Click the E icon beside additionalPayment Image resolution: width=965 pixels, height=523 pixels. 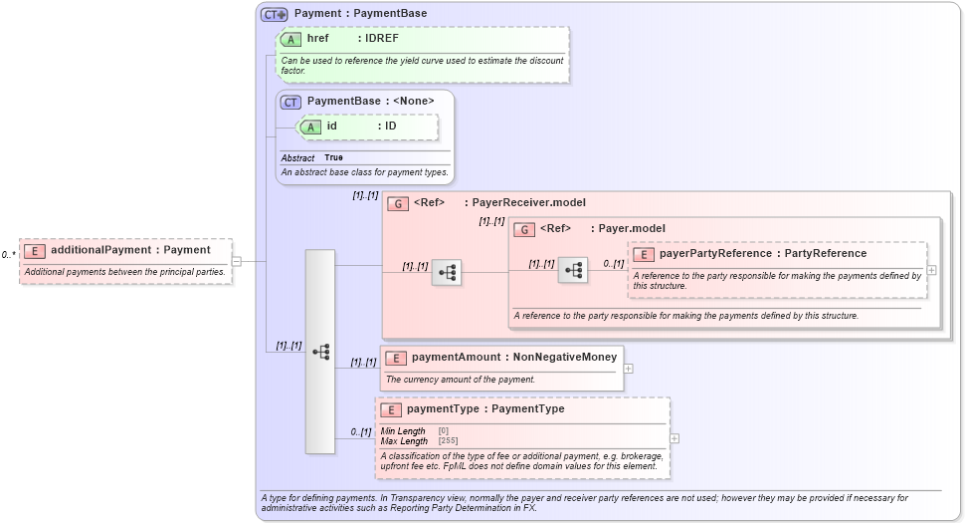click(x=35, y=251)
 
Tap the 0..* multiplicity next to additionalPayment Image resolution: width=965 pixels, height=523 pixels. click(x=8, y=255)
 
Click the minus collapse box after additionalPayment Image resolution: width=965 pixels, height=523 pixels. click(x=236, y=261)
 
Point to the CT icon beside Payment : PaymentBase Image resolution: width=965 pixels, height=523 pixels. click(x=274, y=14)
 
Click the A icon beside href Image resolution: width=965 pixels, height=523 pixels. click(x=291, y=39)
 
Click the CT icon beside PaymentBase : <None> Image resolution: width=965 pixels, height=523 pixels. click(x=291, y=102)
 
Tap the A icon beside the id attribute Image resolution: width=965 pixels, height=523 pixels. click(x=311, y=127)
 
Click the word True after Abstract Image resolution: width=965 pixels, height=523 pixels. click(x=333, y=157)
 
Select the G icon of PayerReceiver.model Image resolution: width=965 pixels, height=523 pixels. click(x=398, y=203)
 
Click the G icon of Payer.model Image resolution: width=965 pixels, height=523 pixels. click(x=524, y=229)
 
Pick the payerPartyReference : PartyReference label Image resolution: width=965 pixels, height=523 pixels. click(x=763, y=254)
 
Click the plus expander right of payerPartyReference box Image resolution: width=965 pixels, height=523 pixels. click(x=931, y=269)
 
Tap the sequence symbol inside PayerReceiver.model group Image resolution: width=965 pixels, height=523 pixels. click(x=446, y=272)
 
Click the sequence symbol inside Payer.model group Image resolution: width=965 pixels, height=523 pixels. click(x=572, y=270)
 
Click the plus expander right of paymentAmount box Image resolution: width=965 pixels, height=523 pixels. click(x=628, y=368)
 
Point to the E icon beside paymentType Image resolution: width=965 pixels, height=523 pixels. click(x=391, y=409)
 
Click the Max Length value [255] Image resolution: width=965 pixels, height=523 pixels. click(x=449, y=440)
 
